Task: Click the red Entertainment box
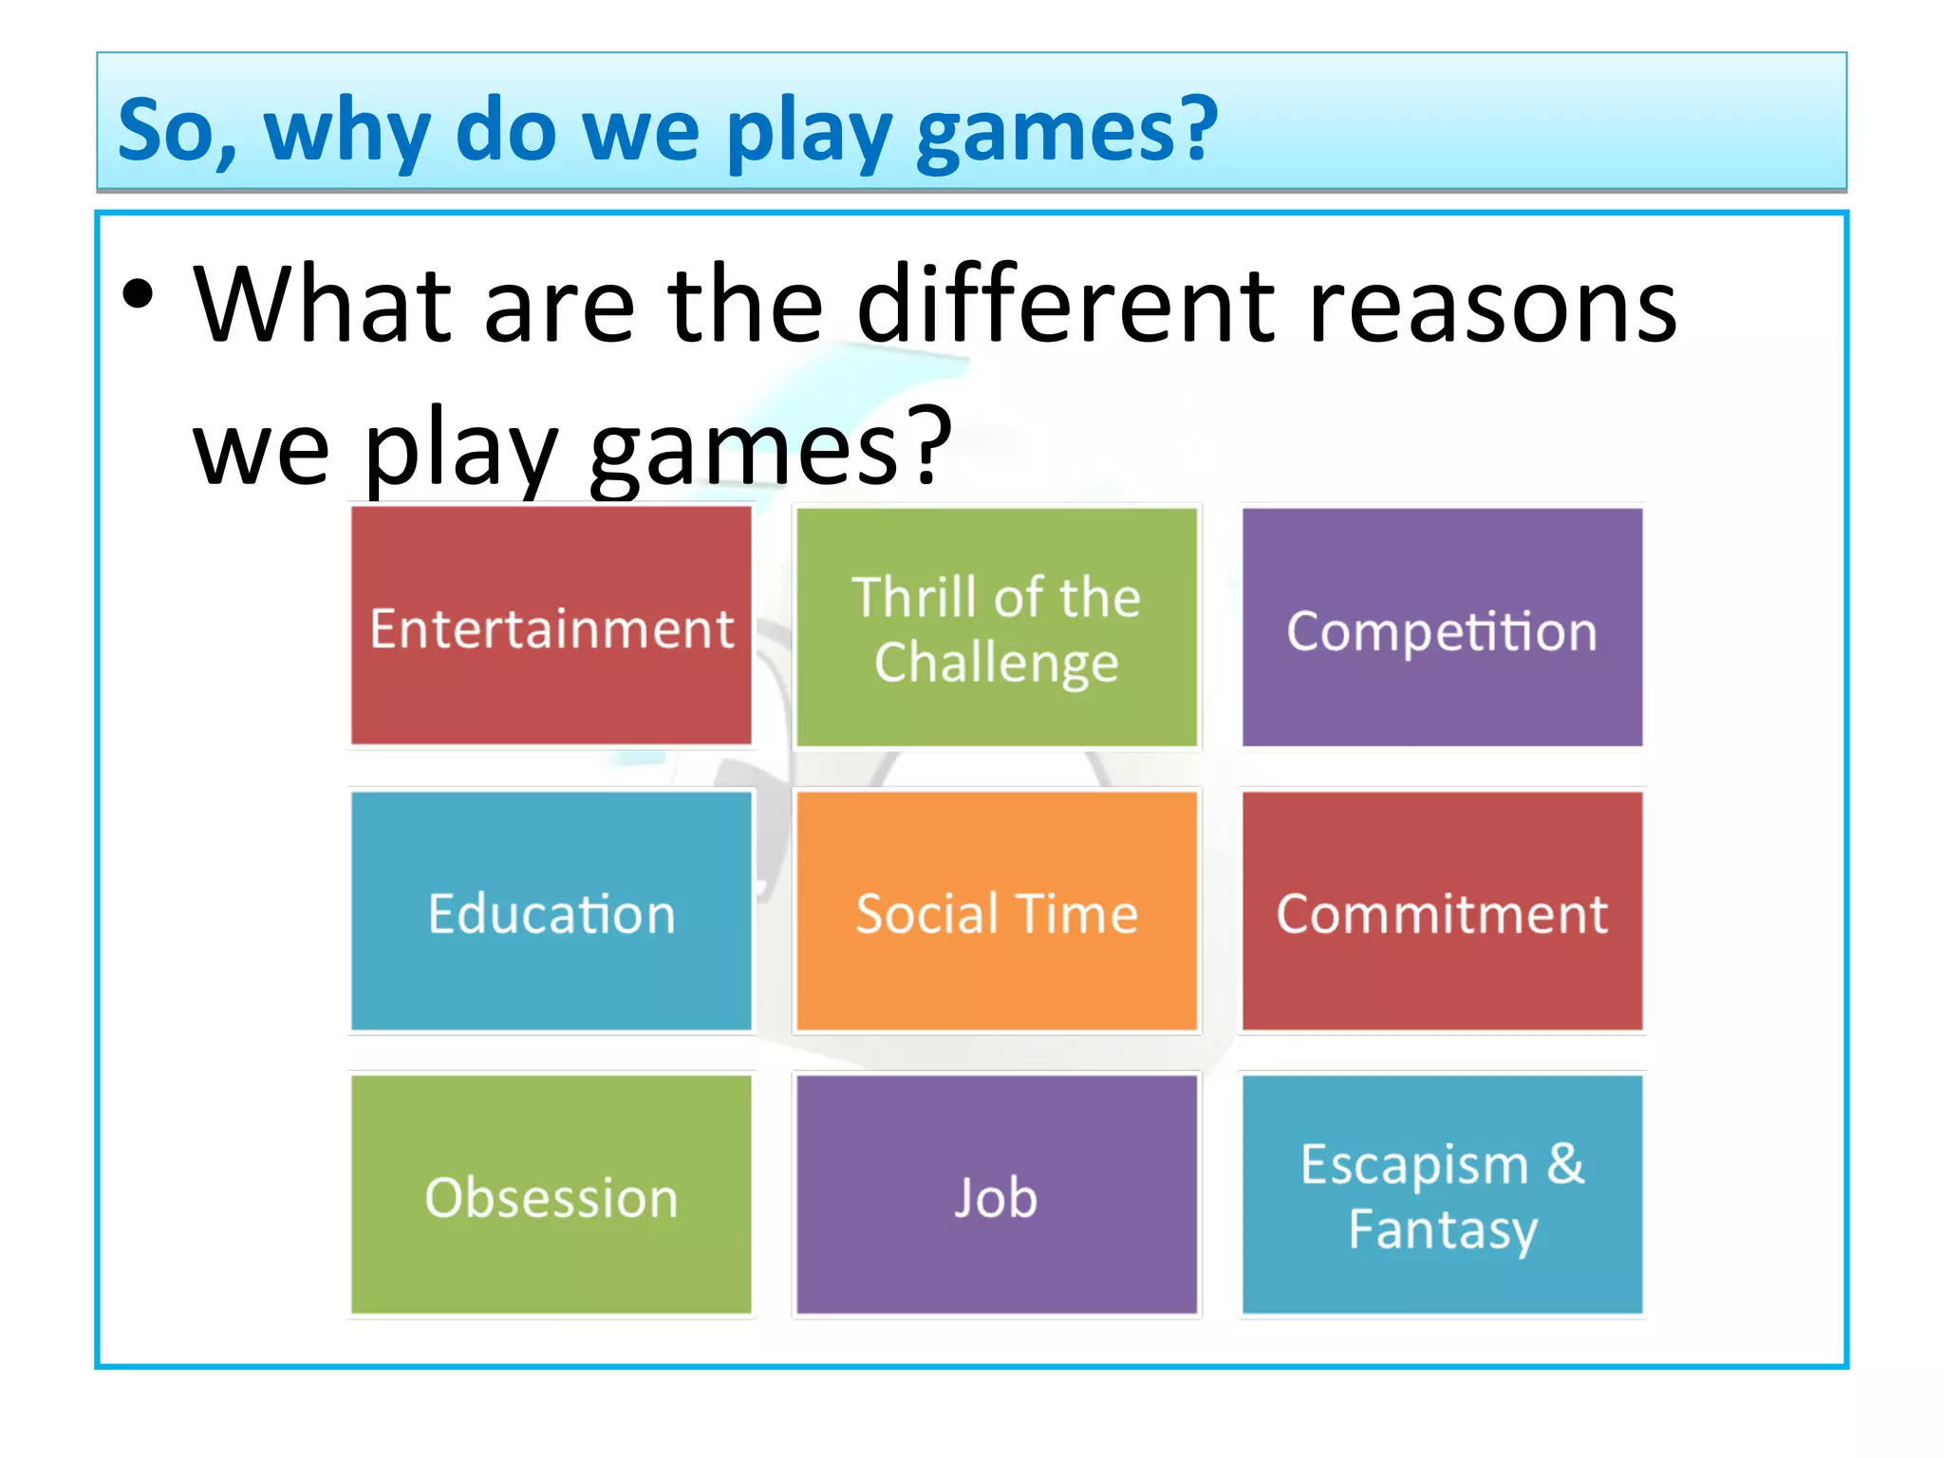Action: [551, 626]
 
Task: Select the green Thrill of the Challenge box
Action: [996, 626]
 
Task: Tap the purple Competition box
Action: [1442, 626]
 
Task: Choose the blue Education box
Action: [551, 911]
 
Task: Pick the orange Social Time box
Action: [996, 911]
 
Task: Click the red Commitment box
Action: [1442, 911]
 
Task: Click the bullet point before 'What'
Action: [138, 294]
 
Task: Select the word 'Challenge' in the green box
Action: [996, 663]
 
